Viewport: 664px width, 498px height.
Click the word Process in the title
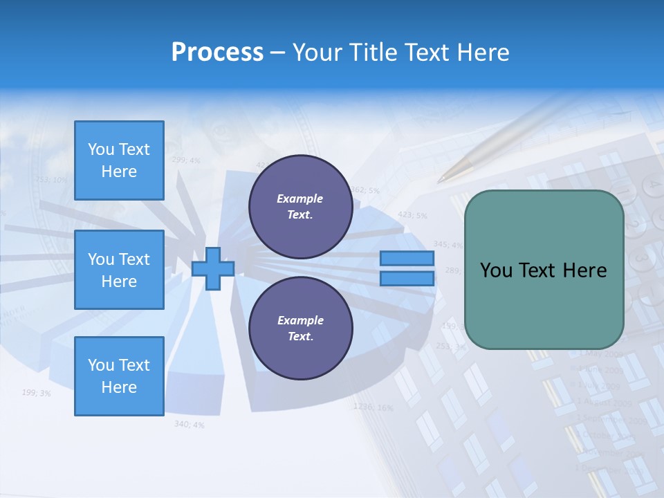(x=217, y=53)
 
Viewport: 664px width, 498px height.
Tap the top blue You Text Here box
(x=119, y=160)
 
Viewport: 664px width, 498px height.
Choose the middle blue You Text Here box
(x=119, y=270)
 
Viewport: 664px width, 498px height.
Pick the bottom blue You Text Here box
(x=119, y=376)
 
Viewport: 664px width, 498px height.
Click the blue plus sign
(x=212, y=268)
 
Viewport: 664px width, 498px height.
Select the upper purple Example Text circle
(x=300, y=207)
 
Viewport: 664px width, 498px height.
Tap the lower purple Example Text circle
(x=300, y=328)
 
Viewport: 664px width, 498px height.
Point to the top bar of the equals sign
(x=407, y=259)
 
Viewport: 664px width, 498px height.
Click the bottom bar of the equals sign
(x=407, y=278)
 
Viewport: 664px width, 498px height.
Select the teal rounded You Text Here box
(x=544, y=270)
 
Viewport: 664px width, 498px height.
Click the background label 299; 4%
(x=185, y=160)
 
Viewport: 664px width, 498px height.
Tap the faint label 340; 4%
(x=189, y=424)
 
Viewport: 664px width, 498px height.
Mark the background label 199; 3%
(x=36, y=393)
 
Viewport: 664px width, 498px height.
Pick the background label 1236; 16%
(x=373, y=407)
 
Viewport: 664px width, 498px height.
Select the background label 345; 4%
(x=448, y=244)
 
